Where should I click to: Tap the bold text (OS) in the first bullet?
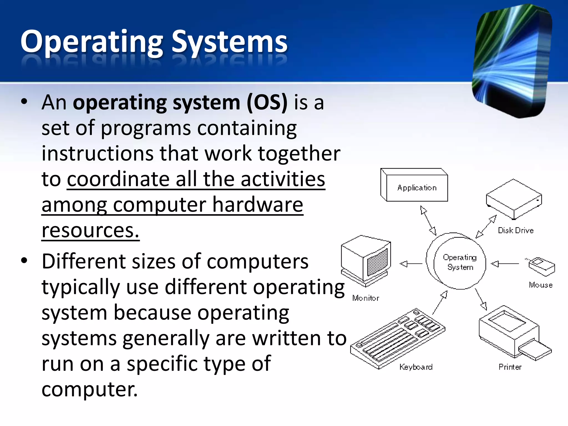pyautogui.click(x=267, y=103)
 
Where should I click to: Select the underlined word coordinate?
pyautogui.click(x=118, y=179)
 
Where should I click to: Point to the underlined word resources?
pyautogui.click(x=90, y=230)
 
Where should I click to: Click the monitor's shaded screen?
pyautogui.click(x=377, y=262)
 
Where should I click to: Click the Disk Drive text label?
pyautogui.click(x=516, y=230)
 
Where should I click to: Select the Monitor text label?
pyautogui.click(x=366, y=298)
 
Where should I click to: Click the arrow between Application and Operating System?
pyautogui.click(x=428, y=220)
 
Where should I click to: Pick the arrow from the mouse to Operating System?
pyautogui.click(x=505, y=263)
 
